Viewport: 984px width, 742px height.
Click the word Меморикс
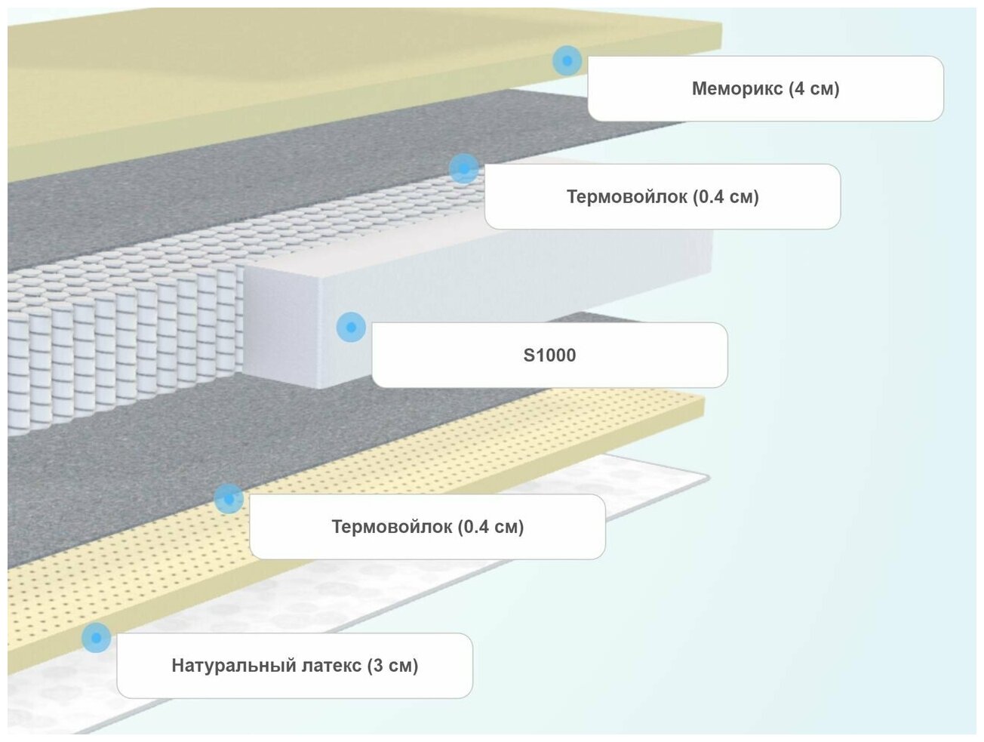pos(736,89)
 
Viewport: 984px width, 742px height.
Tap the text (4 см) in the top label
pos(813,89)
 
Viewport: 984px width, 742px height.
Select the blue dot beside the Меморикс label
pos(567,60)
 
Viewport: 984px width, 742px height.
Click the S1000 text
pos(549,356)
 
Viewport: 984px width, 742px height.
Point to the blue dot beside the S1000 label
pos(351,328)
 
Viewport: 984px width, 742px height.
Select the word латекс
pos(331,666)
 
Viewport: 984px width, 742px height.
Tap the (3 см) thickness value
pos(392,666)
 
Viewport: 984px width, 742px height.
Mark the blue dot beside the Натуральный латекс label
pos(96,638)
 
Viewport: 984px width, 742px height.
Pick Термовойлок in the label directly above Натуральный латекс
pos(392,527)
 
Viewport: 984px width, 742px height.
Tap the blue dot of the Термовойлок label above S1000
pos(463,168)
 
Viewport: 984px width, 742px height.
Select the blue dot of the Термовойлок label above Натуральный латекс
pos(229,499)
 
